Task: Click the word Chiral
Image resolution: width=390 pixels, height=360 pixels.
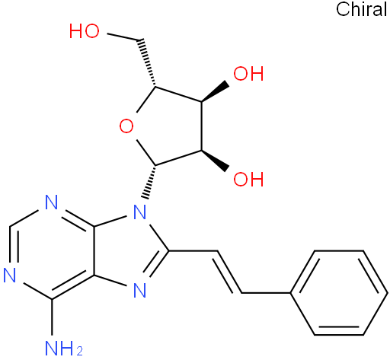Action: (362, 9)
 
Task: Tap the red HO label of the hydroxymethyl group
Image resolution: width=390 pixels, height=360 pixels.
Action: (85, 31)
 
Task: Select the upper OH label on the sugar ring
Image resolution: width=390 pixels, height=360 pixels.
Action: (248, 74)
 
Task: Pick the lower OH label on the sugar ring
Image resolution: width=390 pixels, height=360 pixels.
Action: (248, 179)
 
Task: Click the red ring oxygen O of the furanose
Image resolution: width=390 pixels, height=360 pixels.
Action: (126, 126)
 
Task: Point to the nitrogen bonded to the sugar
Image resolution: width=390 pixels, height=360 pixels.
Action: (140, 212)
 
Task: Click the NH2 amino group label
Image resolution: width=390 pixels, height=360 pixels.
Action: (63, 349)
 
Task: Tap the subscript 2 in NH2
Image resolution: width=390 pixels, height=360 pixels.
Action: (79, 352)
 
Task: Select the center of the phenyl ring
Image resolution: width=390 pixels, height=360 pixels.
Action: (339, 293)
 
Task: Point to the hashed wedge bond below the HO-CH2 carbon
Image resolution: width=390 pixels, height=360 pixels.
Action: (148, 63)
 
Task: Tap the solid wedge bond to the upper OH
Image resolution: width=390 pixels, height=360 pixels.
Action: (215, 93)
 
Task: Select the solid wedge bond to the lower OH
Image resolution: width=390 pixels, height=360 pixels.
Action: (215, 161)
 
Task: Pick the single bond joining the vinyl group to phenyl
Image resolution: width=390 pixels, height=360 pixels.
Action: (266, 293)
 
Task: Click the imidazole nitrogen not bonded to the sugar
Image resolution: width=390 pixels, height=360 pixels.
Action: (140, 290)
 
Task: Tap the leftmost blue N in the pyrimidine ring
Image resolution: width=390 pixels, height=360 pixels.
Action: (10, 275)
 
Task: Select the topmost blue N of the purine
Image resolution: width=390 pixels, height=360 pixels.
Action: (52, 202)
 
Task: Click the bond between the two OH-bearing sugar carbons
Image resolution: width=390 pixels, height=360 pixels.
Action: (202, 126)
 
